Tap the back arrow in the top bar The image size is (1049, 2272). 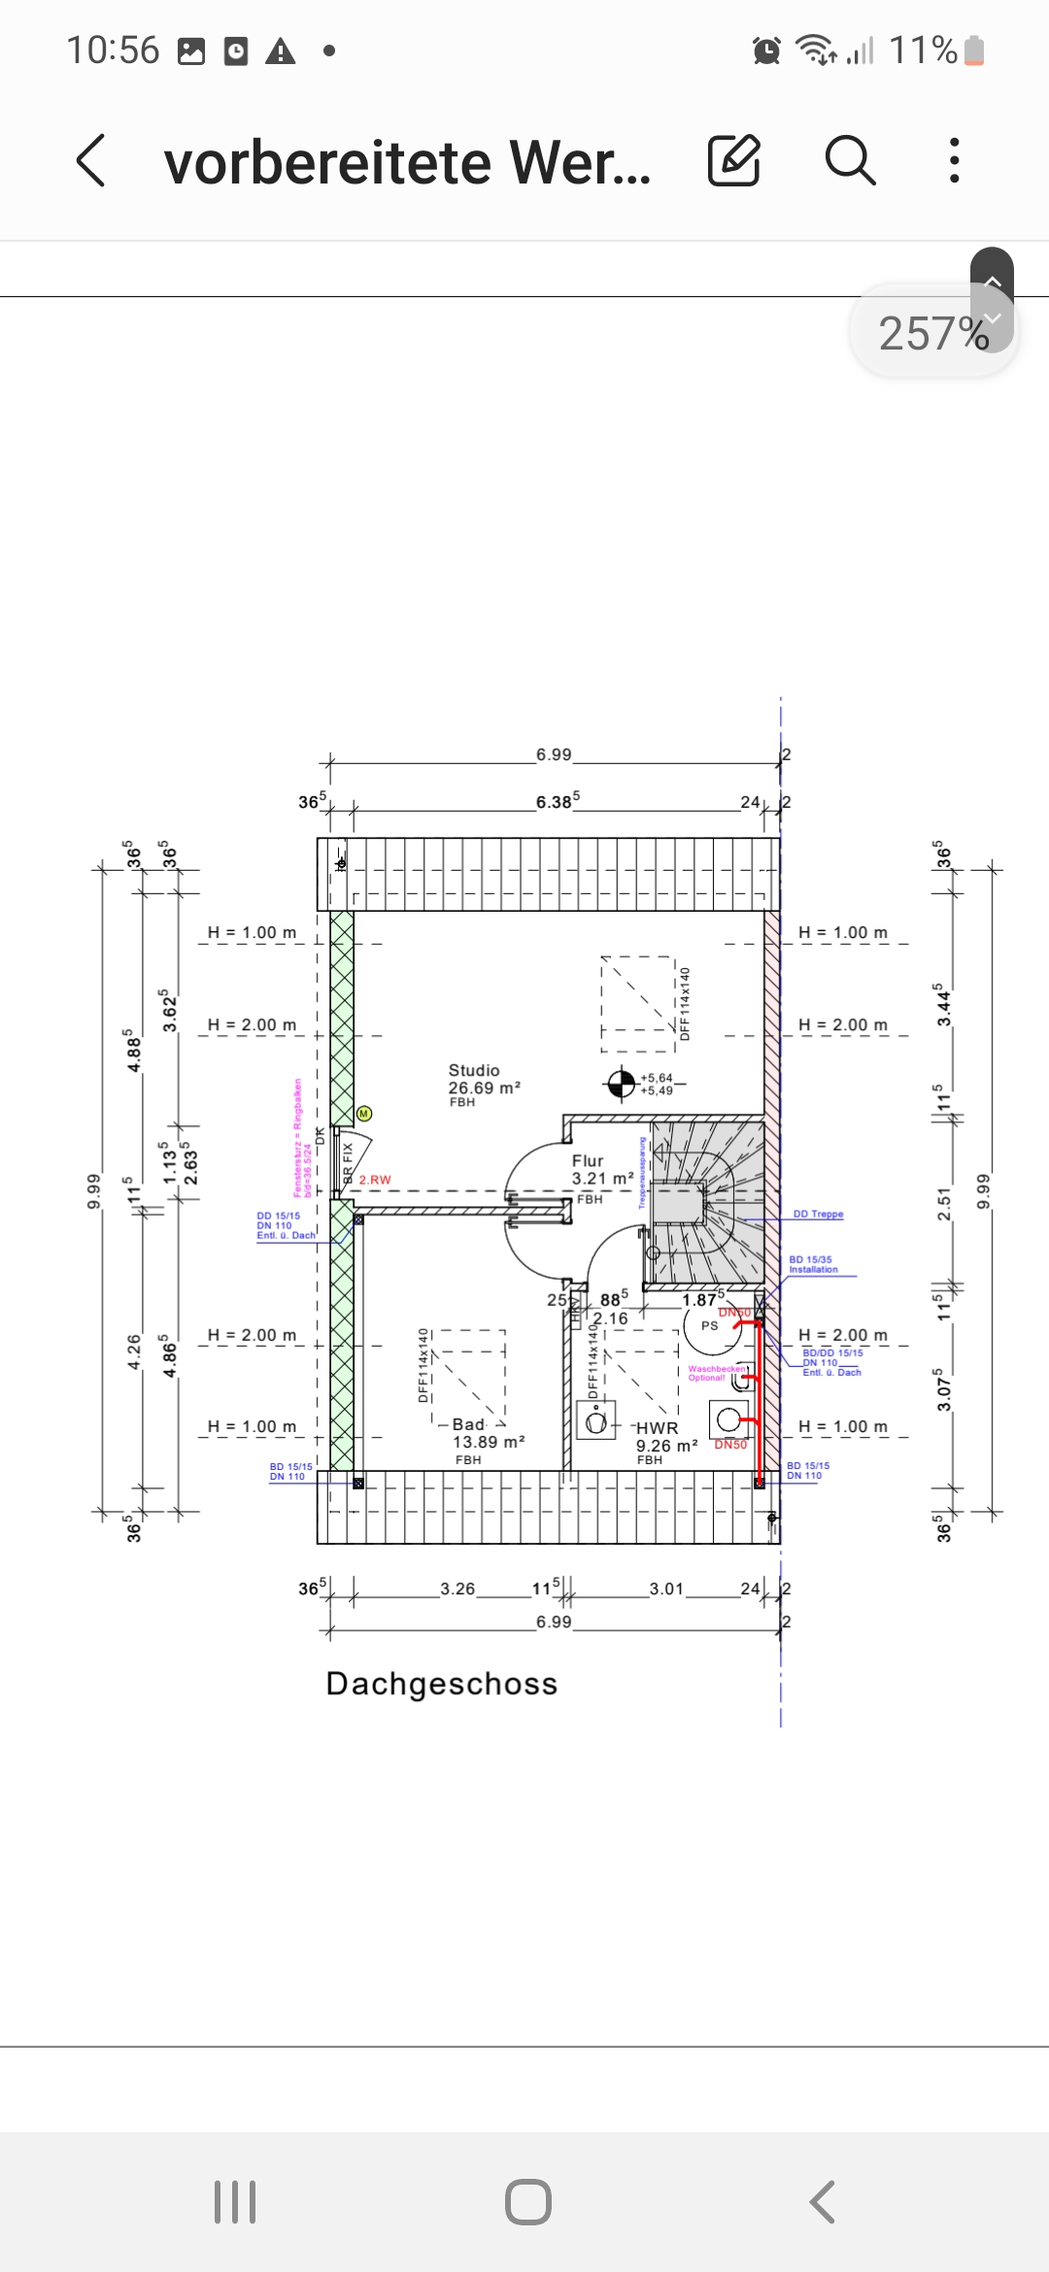tap(91, 160)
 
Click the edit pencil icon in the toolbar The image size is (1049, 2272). tap(733, 160)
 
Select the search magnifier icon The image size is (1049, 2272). tap(850, 160)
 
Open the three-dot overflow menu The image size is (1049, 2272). tap(955, 160)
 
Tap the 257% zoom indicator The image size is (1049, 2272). tap(932, 333)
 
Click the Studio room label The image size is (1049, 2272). tap(474, 1070)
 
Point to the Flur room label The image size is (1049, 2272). tap(588, 1161)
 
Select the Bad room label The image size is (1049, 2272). tap(468, 1424)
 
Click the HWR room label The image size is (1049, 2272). tap(657, 1428)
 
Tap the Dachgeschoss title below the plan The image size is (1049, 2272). tap(442, 1684)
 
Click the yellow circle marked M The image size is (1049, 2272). tap(364, 1114)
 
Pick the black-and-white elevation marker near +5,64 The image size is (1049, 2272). tap(621, 1083)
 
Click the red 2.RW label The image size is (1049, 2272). tap(375, 1180)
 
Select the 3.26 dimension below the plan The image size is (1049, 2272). tap(457, 1588)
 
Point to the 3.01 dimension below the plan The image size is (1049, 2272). tap(666, 1588)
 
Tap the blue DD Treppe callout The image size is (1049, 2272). tap(818, 1214)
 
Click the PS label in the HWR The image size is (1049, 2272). tap(710, 1325)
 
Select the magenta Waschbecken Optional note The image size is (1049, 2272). tap(717, 1373)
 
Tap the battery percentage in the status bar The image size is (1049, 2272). tap(923, 50)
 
